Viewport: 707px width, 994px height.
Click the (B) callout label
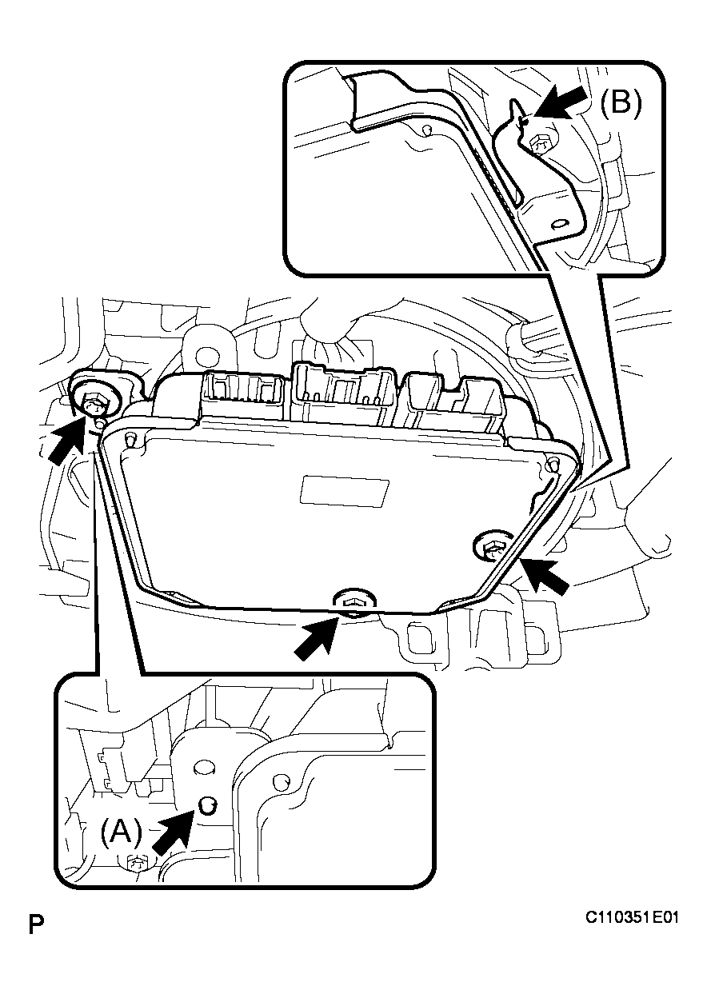click(621, 103)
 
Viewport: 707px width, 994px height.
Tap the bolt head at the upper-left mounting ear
click(96, 405)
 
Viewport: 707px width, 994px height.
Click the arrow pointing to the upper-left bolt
click(67, 438)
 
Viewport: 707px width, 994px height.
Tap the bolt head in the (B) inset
click(540, 145)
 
